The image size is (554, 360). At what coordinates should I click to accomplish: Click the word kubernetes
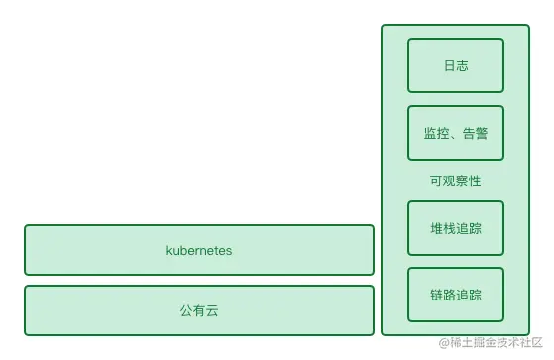[x=198, y=251]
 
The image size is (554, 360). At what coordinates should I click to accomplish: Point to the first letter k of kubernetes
[x=169, y=251]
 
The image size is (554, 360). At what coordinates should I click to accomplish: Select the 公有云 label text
[x=198, y=310]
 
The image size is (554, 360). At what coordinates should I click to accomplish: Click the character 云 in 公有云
[x=211, y=310]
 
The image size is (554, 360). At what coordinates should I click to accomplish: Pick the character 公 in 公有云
[x=186, y=310]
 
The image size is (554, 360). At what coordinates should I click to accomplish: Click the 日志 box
[x=456, y=65]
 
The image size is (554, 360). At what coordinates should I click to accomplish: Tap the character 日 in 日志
[x=449, y=65]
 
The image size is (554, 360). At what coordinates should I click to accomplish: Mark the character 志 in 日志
[x=462, y=65]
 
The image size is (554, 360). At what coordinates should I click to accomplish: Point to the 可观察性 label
[x=456, y=181]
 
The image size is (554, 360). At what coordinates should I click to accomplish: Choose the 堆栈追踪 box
[x=456, y=228]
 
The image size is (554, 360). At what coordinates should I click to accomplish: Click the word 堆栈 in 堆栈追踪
[x=443, y=228]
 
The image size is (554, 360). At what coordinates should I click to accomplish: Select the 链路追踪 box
[x=456, y=295]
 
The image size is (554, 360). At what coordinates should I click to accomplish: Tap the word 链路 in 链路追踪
[x=443, y=295]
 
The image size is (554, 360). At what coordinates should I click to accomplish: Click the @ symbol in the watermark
[x=444, y=345]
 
